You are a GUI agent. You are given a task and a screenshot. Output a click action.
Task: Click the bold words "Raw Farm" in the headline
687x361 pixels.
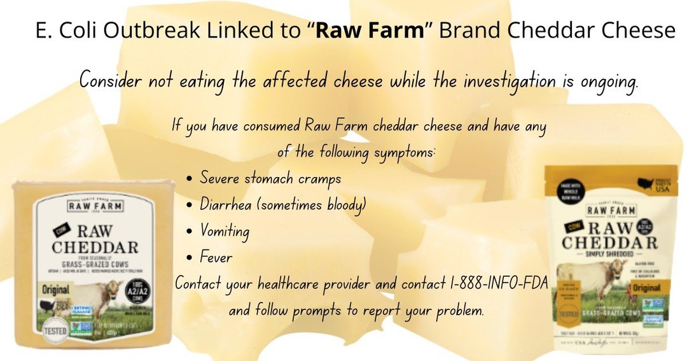tap(370, 31)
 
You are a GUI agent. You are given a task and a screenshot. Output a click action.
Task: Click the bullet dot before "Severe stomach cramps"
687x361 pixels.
tap(190, 179)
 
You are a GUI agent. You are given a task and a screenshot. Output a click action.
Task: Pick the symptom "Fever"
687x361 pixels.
tap(216, 258)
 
